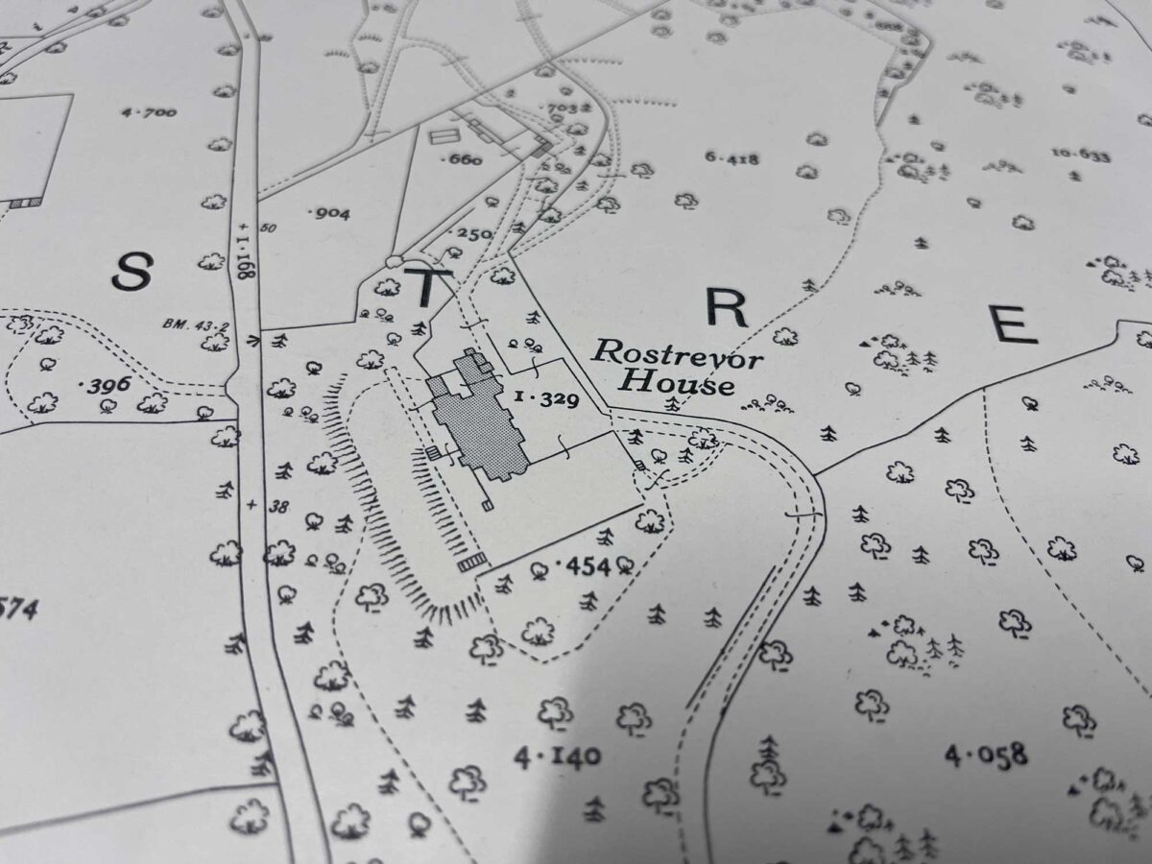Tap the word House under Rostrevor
[x=677, y=384]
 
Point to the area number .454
[x=584, y=566]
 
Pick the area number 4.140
[x=558, y=758]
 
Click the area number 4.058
[x=986, y=755]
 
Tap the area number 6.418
[x=732, y=159]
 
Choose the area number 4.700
[x=149, y=112]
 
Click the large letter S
[x=132, y=272]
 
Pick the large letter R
[x=726, y=308]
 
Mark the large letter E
[x=1014, y=324]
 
